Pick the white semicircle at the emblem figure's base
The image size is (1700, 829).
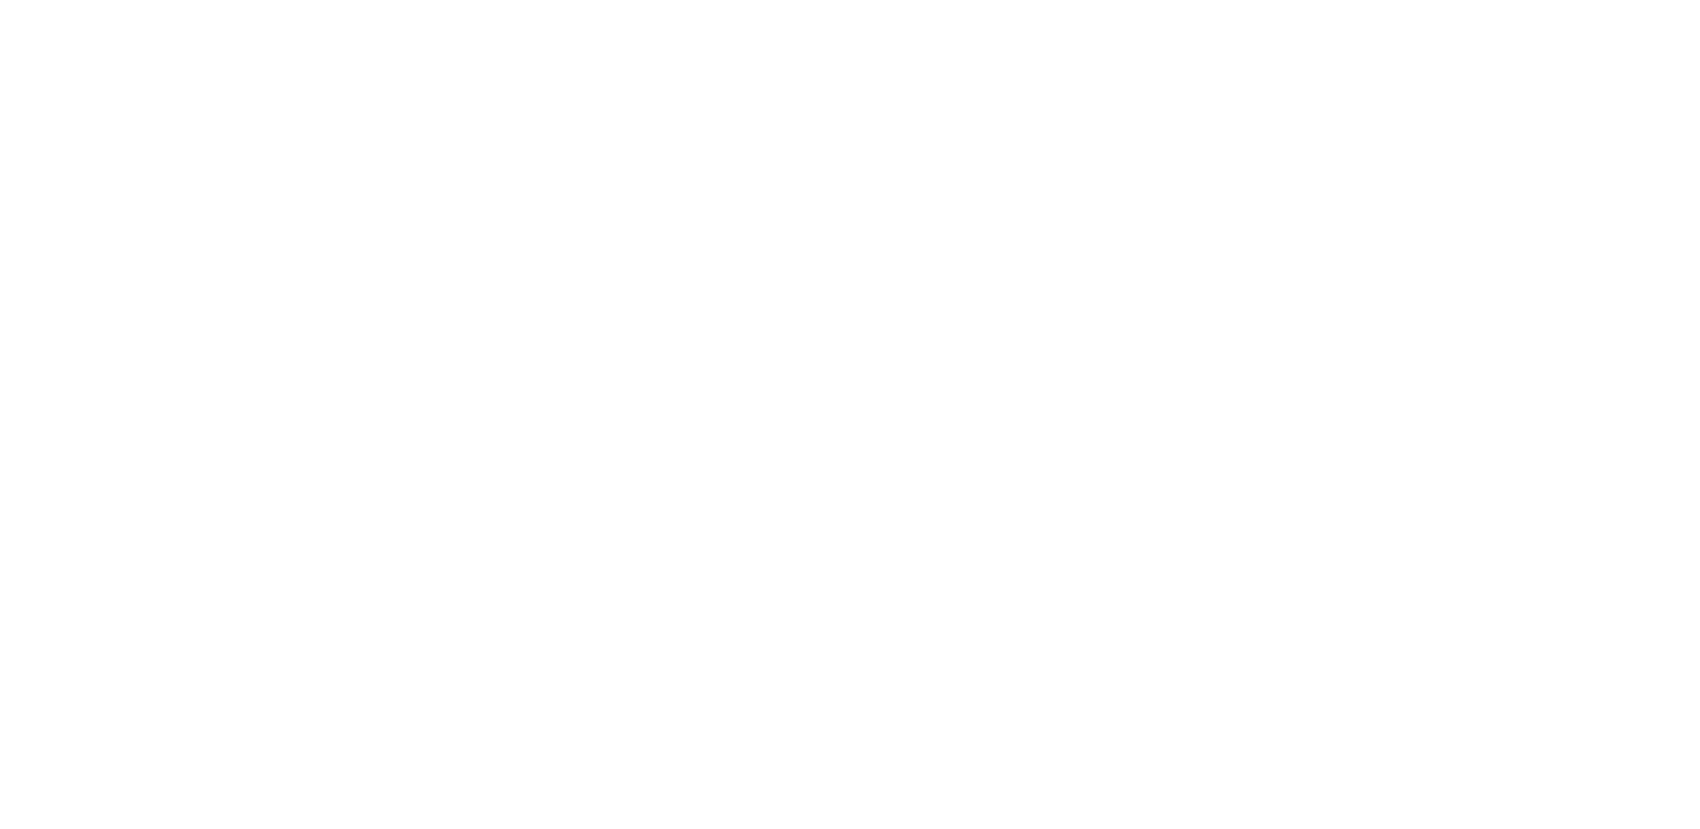[x=441, y=517]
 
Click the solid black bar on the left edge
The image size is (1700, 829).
[x=91, y=414]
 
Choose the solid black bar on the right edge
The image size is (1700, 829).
[x=1608, y=414]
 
